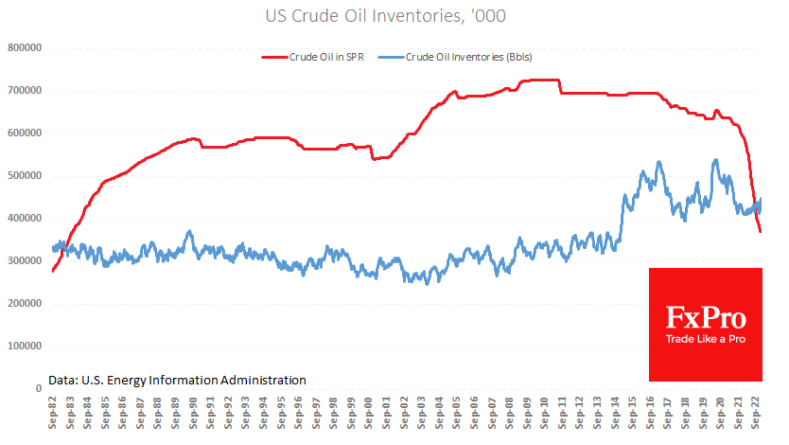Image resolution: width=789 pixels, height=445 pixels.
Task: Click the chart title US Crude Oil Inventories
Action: (394, 16)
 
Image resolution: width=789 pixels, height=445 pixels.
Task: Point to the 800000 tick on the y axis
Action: (26, 47)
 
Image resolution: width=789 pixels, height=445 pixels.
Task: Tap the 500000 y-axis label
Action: (26, 175)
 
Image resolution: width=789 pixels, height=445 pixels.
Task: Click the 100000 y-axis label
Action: (26, 346)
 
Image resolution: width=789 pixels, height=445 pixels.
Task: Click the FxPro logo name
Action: (705, 316)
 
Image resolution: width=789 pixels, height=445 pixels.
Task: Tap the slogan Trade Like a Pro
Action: (705, 338)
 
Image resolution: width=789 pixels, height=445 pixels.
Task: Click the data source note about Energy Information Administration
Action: (177, 379)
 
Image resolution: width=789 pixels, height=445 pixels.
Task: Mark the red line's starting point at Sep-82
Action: (52, 271)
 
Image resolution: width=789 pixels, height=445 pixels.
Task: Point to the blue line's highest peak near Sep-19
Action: (715, 160)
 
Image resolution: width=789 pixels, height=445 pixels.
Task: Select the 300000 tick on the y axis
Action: (26, 260)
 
